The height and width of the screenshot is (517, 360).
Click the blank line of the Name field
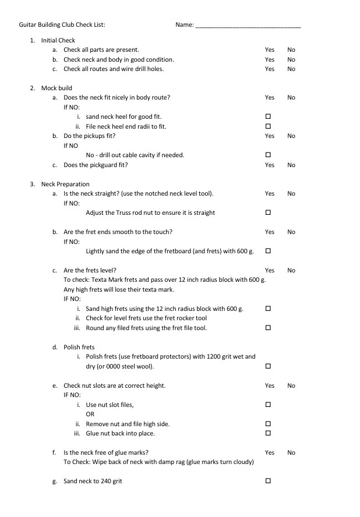coord(248,26)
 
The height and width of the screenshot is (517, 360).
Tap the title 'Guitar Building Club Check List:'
coord(62,25)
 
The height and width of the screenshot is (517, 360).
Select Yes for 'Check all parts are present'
coord(270,50)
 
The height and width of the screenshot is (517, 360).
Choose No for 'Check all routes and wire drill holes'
coord(291,69)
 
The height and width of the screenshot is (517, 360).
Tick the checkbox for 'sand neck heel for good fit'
coord(269,116)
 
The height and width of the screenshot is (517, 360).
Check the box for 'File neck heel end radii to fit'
coord(269,126)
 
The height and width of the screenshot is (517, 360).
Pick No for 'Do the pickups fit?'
coord(291,136)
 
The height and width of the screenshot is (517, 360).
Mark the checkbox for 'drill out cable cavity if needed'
coord(269,155)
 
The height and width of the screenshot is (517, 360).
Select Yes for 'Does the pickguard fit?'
coord(270,165)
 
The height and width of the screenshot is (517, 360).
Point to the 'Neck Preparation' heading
coord(65,184)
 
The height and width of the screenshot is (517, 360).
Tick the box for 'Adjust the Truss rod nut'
coord(269,213)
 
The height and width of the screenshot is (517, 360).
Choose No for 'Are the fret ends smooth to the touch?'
coord(291,232)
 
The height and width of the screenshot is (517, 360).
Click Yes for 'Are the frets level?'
coord(270,270)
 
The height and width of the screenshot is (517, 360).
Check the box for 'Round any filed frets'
coord(269,328)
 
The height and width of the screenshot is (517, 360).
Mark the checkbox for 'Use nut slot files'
coord(269,404)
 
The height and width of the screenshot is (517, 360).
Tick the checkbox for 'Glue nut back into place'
coord(269,433)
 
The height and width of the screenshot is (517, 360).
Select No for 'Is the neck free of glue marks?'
coord(291,452)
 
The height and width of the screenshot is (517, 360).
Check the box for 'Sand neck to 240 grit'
coord(269,481)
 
